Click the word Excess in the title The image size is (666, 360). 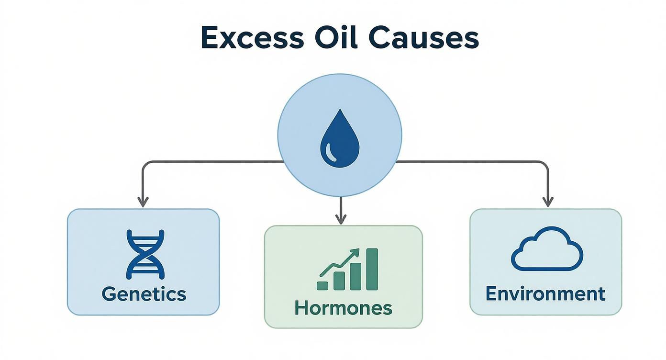[x=253, y=38]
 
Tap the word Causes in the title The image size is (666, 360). [x=423, y=38]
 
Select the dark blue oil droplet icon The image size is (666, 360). [x=340, y=138]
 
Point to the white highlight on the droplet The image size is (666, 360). [x=331, y=152]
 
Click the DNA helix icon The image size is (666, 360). [x=145, y=254]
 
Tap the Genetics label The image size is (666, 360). [x=144, y=294]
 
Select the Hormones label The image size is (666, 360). [x=344, y=308]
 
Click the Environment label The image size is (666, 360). [x=545, y=293]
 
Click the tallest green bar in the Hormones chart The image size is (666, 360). [x=372, y=269]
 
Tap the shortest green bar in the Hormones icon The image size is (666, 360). [x=322, y=286]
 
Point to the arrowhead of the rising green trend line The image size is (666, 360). [x=355, y=253]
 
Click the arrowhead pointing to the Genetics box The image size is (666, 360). [x=143, y=202]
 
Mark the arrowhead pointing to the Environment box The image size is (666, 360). [x=548, y=202]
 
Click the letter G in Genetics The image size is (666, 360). [x=109, y=294]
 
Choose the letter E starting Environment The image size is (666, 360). [x=490, y=293]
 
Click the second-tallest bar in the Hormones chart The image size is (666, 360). [x=355, y=277]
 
